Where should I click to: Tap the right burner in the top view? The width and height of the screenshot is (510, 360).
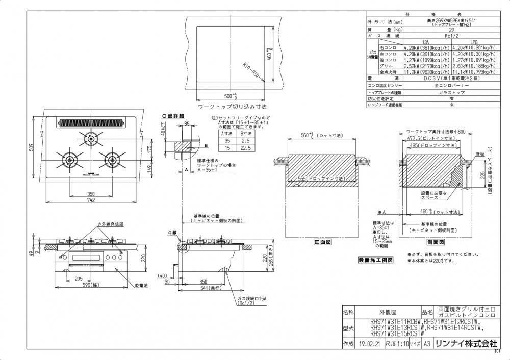[x=112, y=160]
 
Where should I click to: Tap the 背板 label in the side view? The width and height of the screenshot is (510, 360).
[x=480, y=152]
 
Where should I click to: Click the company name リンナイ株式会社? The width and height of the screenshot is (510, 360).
[x=466, y=344]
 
